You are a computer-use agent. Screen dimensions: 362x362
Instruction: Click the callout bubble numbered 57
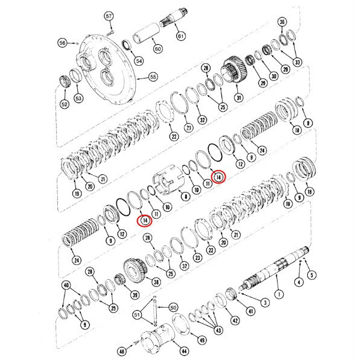(x=109, y=16)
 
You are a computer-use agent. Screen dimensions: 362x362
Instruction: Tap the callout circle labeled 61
(x=181, y=36)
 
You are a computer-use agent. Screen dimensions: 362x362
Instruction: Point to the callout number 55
(x=153, y=77)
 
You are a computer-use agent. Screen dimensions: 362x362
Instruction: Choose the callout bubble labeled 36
(x=282, y=22)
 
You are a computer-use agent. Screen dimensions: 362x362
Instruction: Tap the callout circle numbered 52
(x=65, y=104)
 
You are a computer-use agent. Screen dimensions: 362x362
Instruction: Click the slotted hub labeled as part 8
(x=168, y=180)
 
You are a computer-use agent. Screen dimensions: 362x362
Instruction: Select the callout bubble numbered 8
(x=186, y=197)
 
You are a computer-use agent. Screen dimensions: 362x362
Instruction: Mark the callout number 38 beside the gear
(x=156, y=282)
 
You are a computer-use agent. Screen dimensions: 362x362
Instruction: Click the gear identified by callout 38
(x=135, y=270)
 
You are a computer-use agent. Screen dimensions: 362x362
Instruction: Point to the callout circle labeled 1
(x=279, y=294)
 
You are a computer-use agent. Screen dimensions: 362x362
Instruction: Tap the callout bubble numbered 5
(x=312, y=275)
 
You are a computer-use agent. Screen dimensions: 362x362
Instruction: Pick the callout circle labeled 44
(x=184, y=351)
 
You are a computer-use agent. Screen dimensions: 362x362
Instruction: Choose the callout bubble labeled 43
(x=218, y=330)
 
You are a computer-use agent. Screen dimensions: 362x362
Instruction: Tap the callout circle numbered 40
(x=66, y=285)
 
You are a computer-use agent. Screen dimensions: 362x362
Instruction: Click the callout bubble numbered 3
(x=265, y=302)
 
